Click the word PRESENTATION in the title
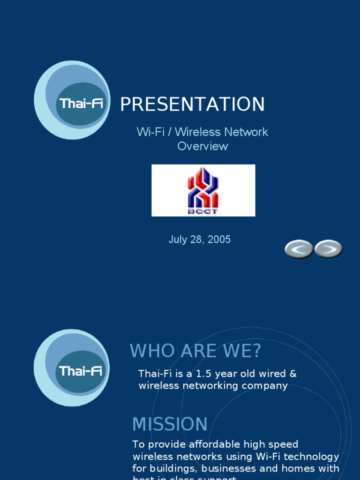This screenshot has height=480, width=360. point(192,105)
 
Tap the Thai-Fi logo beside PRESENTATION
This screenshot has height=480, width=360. point(73,100)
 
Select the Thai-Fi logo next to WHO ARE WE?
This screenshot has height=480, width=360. point(72,367)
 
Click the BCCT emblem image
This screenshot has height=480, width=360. point(203,190)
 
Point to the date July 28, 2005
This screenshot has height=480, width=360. point(200,240)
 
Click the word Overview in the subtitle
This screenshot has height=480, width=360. point(202,146)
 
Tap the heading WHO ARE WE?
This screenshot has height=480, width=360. point(195,351)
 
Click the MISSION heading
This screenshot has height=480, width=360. point(170,424)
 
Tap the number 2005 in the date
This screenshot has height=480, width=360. point(220,240)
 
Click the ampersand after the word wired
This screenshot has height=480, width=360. point(293,374)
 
